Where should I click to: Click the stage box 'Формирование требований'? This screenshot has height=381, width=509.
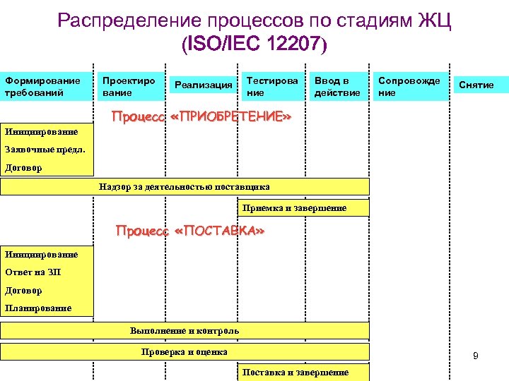47,86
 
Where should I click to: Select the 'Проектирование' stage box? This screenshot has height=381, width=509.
130,86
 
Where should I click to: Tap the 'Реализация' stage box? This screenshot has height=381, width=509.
203,85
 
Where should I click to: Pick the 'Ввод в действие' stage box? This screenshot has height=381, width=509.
340,86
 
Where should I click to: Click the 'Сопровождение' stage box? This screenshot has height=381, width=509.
412,86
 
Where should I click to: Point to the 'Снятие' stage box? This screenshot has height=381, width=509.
476,85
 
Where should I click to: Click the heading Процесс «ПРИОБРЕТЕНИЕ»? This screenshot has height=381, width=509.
202,116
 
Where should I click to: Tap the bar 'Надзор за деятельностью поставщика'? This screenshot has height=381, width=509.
185,186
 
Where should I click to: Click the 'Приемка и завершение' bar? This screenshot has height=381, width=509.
303,208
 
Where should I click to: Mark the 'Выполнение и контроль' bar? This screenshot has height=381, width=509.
185,330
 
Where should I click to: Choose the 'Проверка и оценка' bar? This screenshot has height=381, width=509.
185,351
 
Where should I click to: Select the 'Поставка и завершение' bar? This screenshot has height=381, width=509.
303,372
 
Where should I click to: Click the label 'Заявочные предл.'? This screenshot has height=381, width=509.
45,149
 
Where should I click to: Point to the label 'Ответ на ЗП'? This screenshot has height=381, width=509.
33,272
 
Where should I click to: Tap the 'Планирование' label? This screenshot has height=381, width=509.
38,308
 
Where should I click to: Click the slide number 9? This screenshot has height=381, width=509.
476,356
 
